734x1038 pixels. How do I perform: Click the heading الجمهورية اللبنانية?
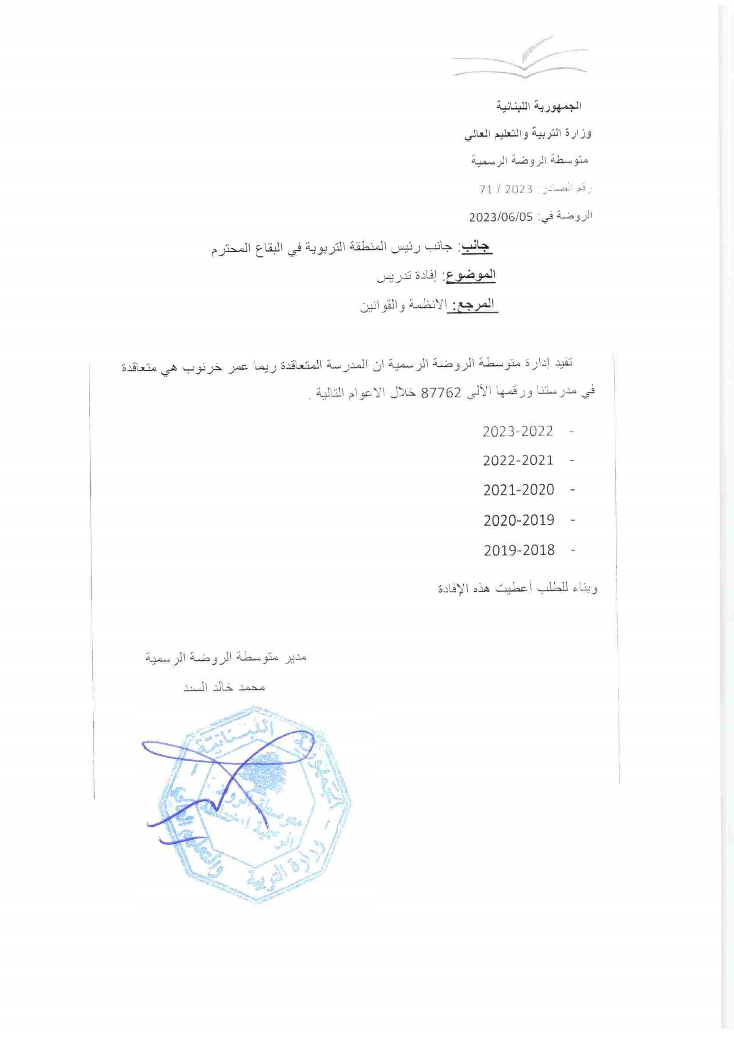540,107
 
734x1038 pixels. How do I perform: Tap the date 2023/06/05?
502,216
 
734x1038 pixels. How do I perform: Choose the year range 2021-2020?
518,490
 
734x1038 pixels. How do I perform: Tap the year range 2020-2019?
518,520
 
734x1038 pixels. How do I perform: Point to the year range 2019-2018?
519,550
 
